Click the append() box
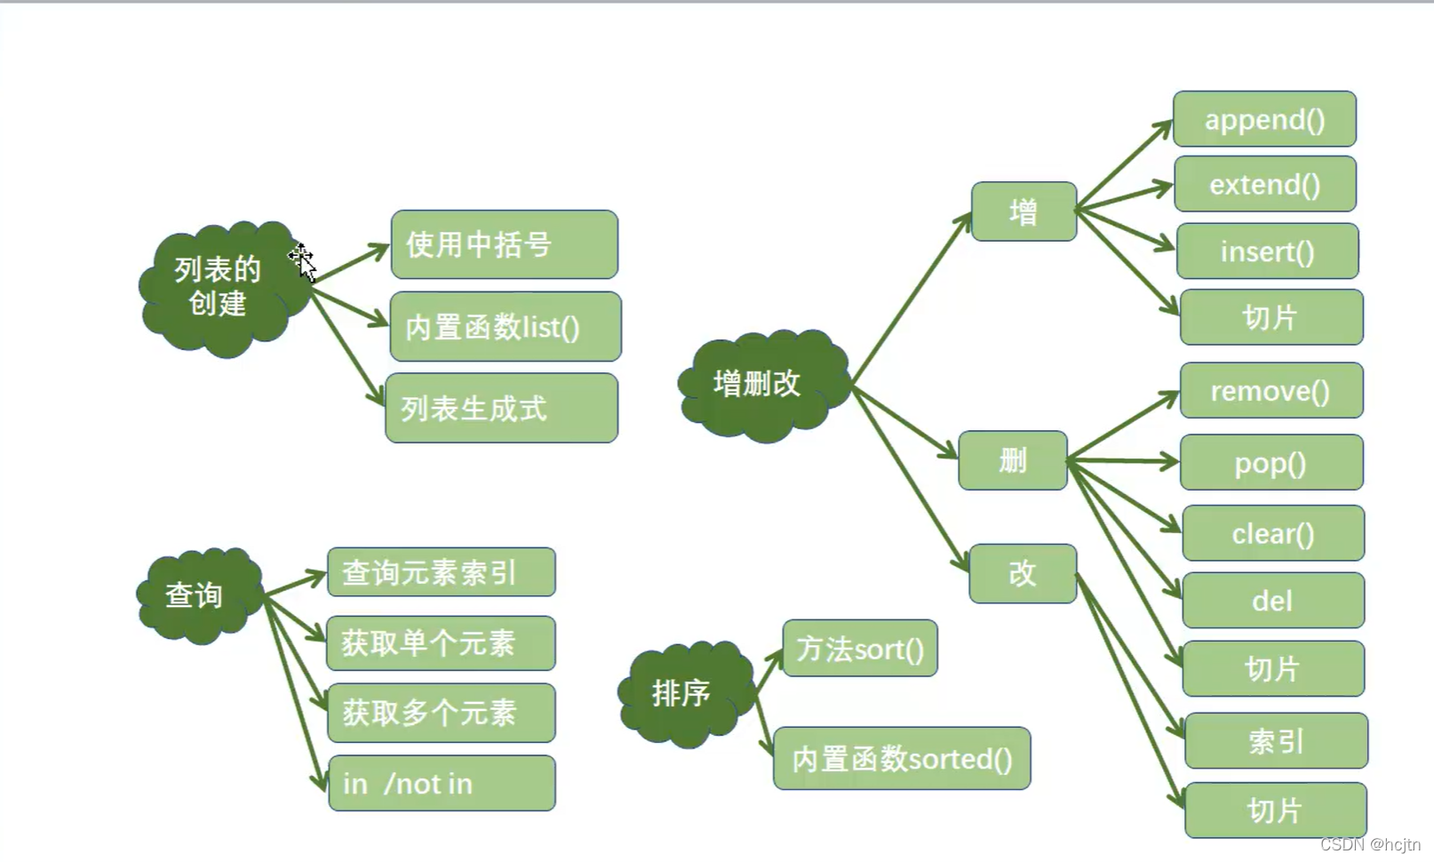click(x=1264, y=119)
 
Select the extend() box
click(x=1265, y=184)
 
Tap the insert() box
click(x=1267, y=251)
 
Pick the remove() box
click(x=1271, y=391)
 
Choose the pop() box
click(x=1271, y=463)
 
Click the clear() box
click(x=1273, y=533)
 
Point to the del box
click(x=1273, y=601)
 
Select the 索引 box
click(x=1276, y=741)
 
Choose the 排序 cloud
click(x=681, y=692)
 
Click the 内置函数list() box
click(x=505, y=327)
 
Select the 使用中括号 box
click(x=504, y=244)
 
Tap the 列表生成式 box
click(x=501, y=409)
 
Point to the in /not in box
click(x=442, y=783)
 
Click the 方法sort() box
click(x=859, y=649)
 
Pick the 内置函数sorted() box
click(x=902, y=759)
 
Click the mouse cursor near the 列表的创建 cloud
click(x=302, y=261)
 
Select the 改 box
click(x=1023, y=573)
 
